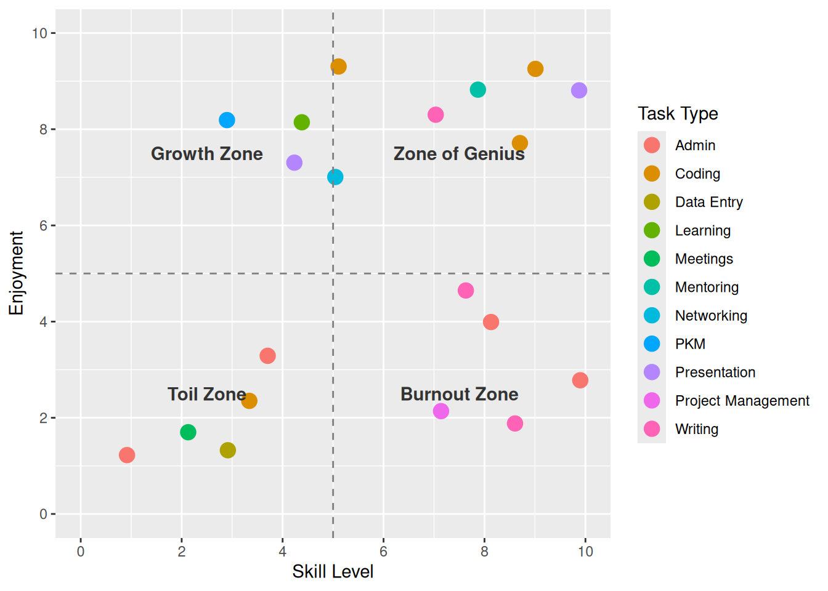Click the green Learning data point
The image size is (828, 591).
click(301, 123)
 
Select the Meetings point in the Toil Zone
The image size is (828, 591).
click(188, 432)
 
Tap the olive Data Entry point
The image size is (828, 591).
click(227, 450)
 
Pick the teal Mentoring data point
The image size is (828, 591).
click(477, 90)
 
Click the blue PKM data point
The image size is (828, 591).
click(227, 120)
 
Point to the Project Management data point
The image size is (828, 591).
click(440, 411)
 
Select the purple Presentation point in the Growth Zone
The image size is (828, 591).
click(294, 163)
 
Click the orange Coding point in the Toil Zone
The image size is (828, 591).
click(249, 401)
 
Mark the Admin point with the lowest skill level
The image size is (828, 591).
click(127, 455)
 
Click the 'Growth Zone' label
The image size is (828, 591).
click(206, 154)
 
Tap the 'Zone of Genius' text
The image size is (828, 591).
click(458, 154)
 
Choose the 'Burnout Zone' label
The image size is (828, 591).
click(459, 394)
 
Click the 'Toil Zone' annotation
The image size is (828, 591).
click(206, 394)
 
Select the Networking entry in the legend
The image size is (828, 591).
click(710, 316)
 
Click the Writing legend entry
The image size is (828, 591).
click(696, 429)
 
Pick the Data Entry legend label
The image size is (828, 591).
click(708, 202)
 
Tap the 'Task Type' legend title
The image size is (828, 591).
click(678, 114)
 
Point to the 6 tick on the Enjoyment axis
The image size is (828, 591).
click(43, 225)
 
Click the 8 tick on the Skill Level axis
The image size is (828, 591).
click(484, 552)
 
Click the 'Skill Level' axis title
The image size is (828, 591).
click(333, 572)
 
